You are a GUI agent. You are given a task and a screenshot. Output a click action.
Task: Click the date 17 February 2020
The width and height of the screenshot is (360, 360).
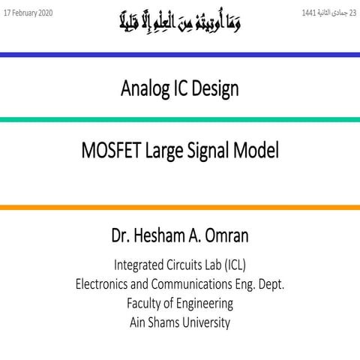click(28, 14)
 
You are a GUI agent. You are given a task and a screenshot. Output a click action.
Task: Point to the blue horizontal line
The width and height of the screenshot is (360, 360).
click(180, 55)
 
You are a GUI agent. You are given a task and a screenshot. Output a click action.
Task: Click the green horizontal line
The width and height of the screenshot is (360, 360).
click(180, 120)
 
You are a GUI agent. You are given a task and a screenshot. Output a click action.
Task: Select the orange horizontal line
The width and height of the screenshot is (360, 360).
click(180, 207)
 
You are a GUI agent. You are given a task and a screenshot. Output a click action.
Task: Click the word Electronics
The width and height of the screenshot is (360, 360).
click(107, 284)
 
